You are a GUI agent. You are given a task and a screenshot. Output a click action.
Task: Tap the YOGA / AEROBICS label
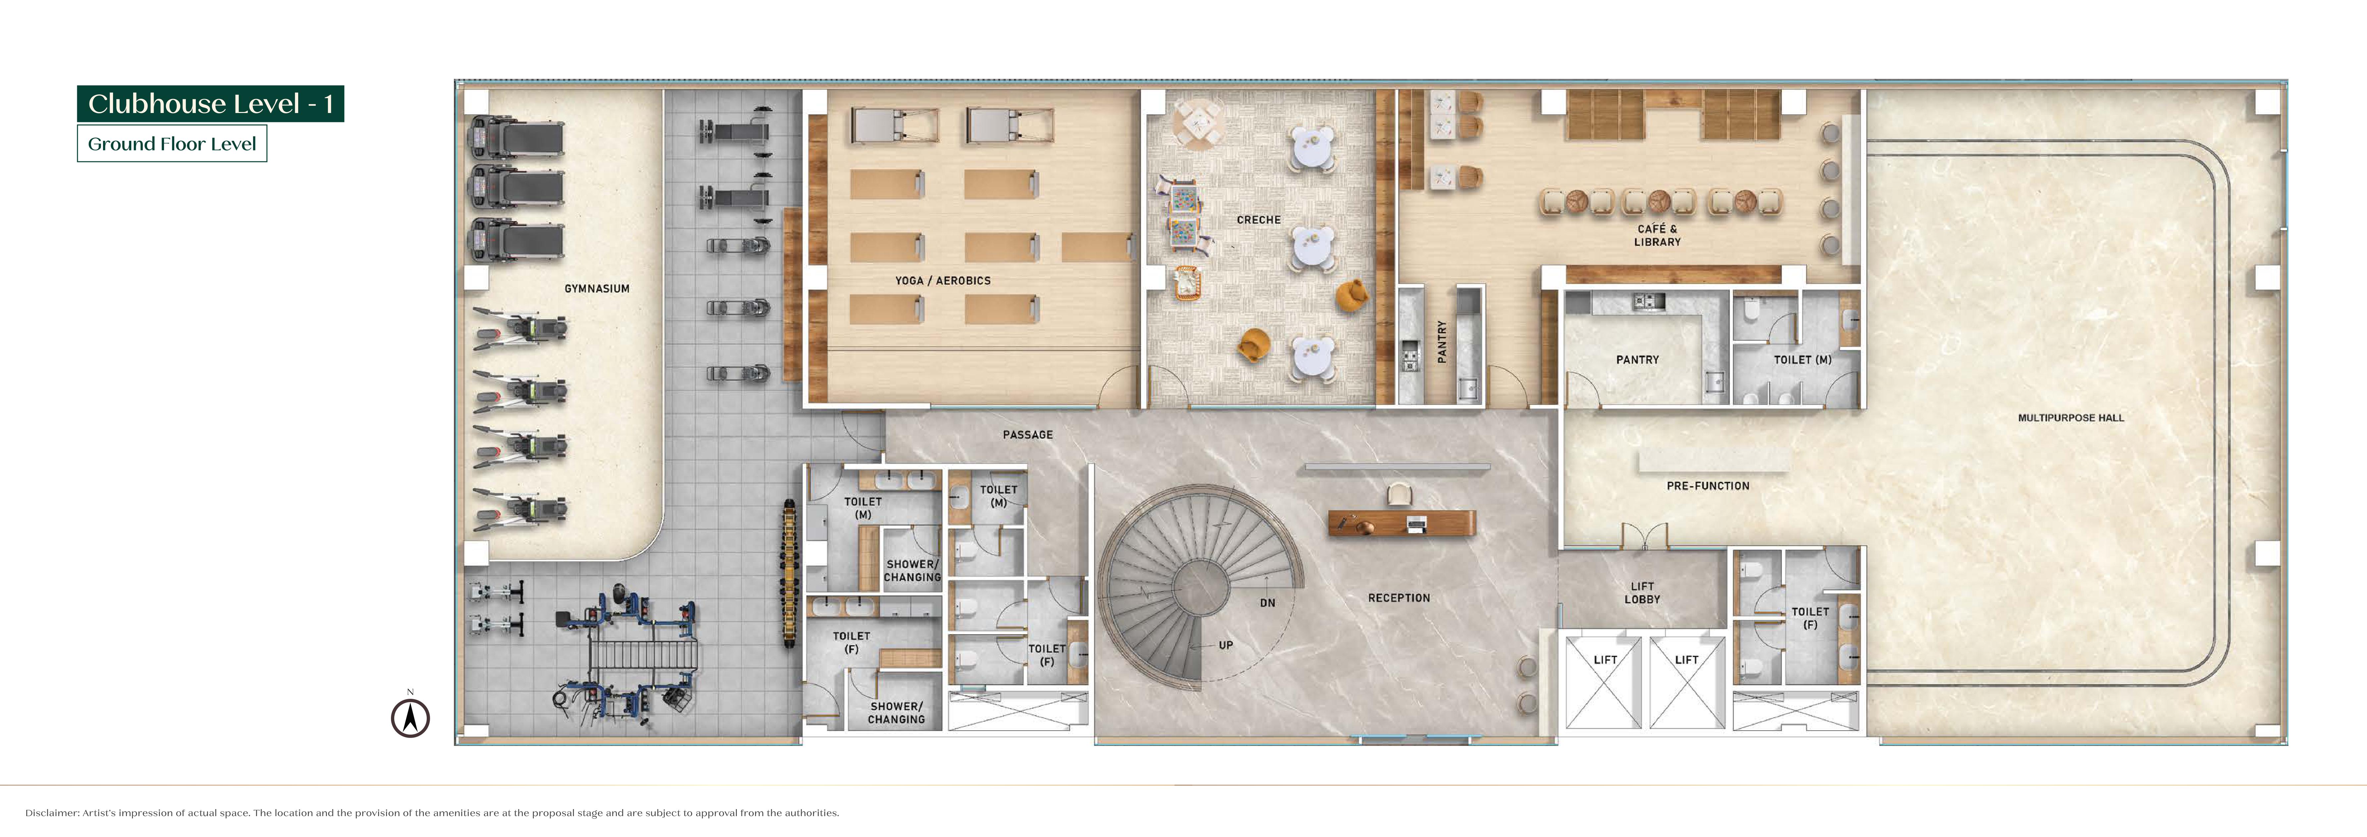[x=943, y=280]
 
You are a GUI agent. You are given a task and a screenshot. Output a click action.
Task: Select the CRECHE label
[x=1258, y=220]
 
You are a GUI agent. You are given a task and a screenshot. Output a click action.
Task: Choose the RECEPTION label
[x=1399, y=598]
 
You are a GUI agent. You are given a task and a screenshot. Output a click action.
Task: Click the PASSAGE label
[x=1027, y=435]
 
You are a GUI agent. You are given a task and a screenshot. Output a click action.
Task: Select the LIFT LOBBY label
[x=1642, y=592]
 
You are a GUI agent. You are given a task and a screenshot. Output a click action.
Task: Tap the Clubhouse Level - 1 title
[x=210, y=104]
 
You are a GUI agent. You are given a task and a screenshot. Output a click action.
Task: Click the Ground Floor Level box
[x=172, y=143]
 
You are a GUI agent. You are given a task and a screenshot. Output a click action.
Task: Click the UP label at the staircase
[x=1226, y=645]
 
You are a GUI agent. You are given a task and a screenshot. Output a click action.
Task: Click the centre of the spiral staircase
[x=1199, y=586]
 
